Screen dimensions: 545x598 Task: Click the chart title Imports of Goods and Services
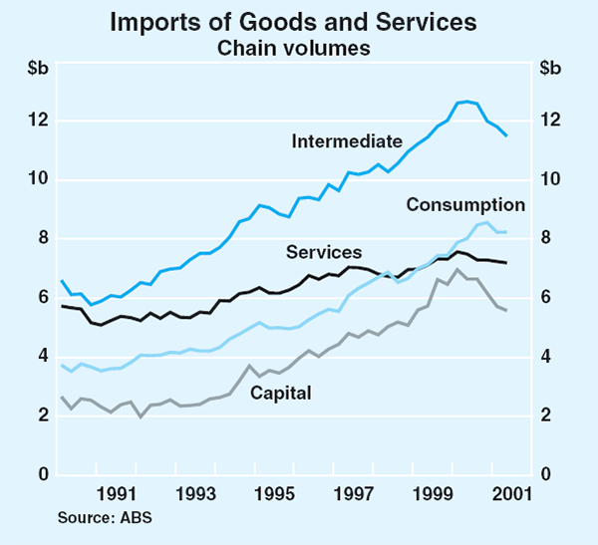click(299, 21)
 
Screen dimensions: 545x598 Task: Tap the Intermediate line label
click(347, 141)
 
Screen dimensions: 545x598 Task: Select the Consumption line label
click(465, 205)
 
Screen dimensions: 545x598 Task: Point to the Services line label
click(324, 252)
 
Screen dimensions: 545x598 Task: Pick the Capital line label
click(280, 392)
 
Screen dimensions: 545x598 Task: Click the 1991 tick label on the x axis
click(117, 493)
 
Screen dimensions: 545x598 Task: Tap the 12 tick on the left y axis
click(39, 121)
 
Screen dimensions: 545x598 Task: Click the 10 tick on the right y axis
click(549, 179)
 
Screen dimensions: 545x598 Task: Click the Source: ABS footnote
click(99, 517)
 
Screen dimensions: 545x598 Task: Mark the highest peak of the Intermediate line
click(466, 102)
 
